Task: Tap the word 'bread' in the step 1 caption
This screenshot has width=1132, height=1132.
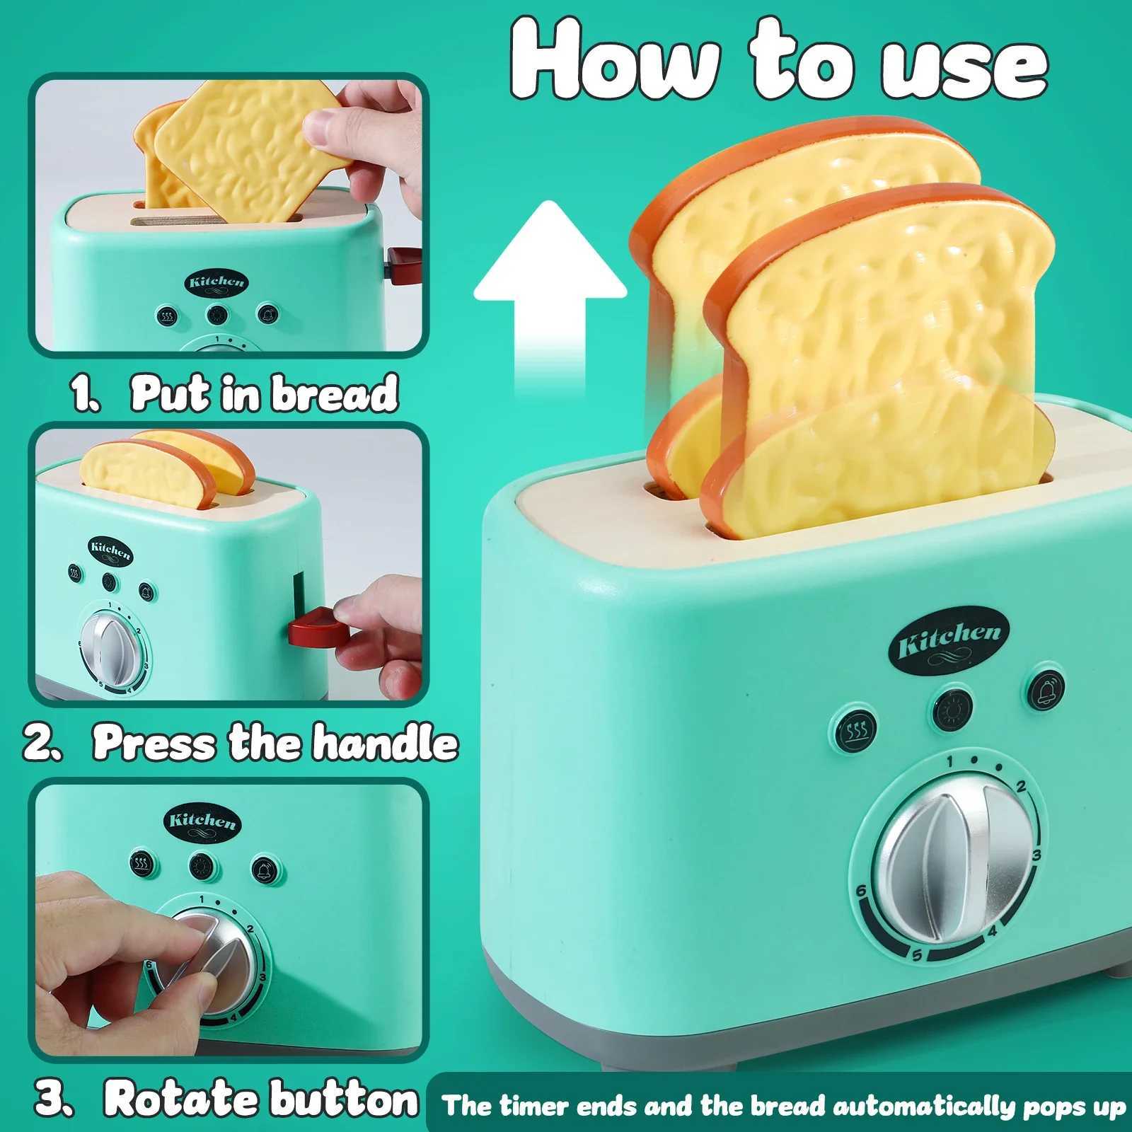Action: pyautogui.click(x=335, y=393)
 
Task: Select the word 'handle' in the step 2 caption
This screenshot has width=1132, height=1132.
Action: pyautogui.click(x=386, y=743)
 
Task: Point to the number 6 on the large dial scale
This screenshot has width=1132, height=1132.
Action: pyautogui.click(x=861, y=891)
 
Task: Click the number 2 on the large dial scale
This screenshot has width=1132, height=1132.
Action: pyautogui.click(x=1020, y=787)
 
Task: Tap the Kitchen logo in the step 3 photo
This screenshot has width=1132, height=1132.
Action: pyautogui.click(x=202, y=821)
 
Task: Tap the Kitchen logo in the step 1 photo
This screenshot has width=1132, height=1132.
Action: pyautogui.click(x=217, y=282)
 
